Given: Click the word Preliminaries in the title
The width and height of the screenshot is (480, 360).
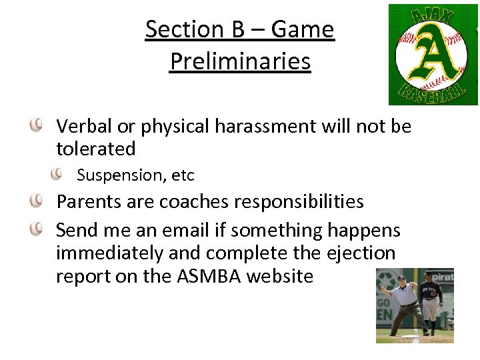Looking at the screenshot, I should click(240, 61).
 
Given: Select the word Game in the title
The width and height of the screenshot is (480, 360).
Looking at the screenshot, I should click(303, 29).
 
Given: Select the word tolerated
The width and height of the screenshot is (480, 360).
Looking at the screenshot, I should click(96, 149).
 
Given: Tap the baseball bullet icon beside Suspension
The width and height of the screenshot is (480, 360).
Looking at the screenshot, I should click(58, 173).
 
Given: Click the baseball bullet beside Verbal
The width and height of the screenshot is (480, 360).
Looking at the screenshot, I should click(37, 124).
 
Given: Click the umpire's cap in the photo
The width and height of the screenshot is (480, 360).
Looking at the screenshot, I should click(401, 277).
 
